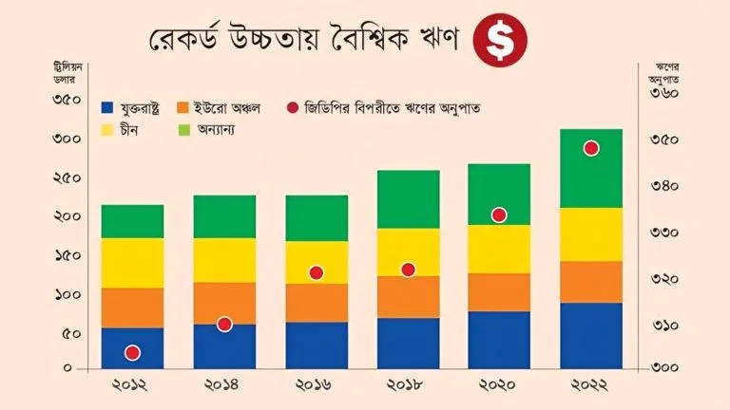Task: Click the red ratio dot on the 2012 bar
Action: pos(133,353)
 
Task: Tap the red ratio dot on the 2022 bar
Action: pos(591,148)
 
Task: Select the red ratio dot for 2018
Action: pos(408,270)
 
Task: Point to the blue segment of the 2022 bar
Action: pos(591,335)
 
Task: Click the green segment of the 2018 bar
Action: pos(408,199)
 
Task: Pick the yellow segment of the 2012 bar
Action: pos(133,263)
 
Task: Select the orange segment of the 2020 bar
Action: pos(499,292)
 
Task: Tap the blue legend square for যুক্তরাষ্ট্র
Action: pos(107,108)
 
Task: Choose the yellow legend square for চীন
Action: pos(107,128)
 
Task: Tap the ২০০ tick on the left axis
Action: pos(66,216)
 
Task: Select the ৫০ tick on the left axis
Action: pos(69,333)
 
